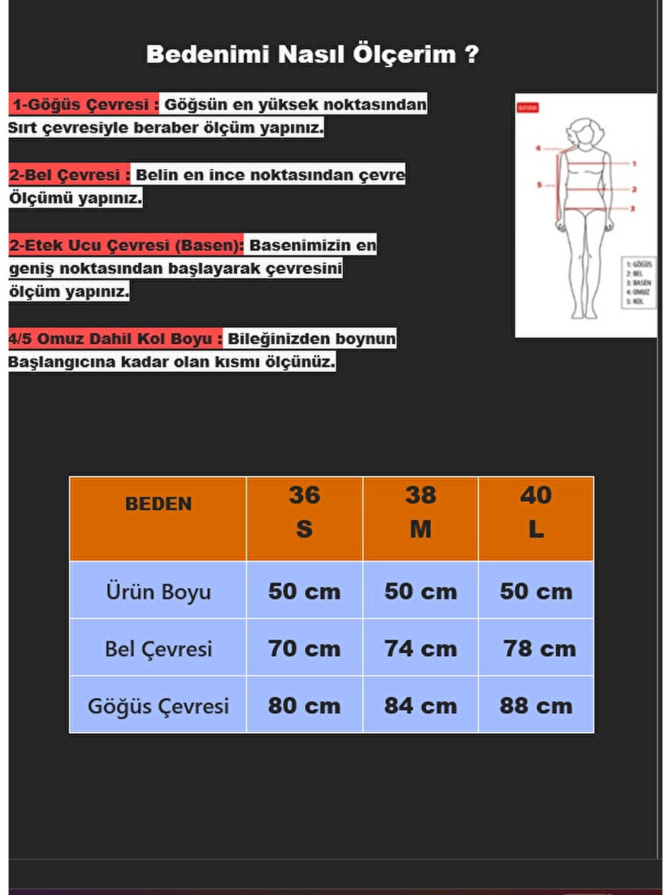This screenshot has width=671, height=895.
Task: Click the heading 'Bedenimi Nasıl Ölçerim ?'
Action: point(312,54)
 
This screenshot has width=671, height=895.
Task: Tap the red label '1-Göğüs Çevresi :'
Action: point(84,105)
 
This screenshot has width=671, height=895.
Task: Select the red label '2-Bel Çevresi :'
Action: point(69,175)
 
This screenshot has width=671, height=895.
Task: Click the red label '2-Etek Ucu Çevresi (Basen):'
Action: point(126,245)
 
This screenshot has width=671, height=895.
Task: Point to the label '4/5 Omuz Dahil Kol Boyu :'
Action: point(115,339)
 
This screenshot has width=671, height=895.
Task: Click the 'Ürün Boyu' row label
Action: point(158,591)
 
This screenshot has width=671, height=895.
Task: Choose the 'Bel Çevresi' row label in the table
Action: point(158,648)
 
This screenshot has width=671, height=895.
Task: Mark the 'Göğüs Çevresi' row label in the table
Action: point(158,705)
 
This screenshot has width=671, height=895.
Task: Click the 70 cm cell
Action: point(304,648)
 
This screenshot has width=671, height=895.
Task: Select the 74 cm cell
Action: point(420,648)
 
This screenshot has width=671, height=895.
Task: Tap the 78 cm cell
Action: point(539,648)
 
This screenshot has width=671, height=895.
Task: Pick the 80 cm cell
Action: point(304,705)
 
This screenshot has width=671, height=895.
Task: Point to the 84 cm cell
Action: point(420,705)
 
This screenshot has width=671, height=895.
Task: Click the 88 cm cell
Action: point(536,705)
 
